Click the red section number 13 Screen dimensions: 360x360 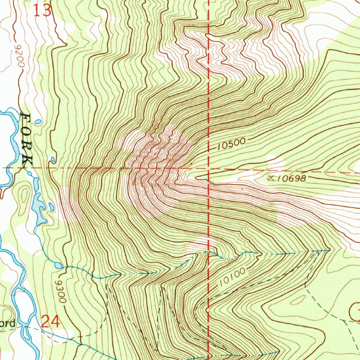coord(43,10)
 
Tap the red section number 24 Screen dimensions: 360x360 coord(51,321)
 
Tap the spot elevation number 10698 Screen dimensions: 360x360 coord(291,179)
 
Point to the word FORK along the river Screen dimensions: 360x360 coord(27,140)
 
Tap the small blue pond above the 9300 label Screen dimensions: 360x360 coord(58,265)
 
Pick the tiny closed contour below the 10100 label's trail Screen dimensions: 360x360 coord(298,300)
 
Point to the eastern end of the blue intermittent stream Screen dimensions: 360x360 coord(328,250)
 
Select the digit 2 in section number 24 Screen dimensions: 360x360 coord(46,321)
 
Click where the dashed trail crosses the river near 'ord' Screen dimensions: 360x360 coord(26,327)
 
